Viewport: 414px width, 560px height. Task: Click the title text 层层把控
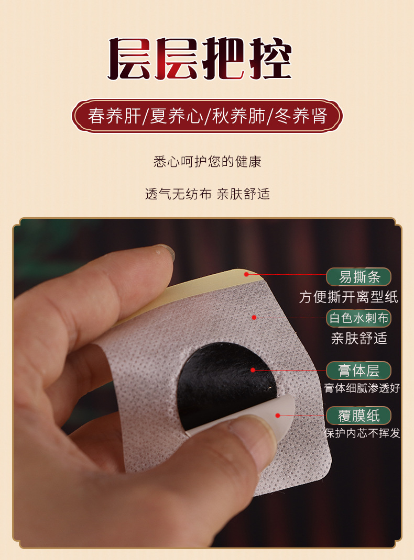pos(200,58)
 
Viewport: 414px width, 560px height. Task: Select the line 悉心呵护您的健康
pos(208,162)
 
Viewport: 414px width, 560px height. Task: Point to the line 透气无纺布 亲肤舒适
pos(208,194)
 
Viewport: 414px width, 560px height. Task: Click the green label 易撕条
pos(358,277)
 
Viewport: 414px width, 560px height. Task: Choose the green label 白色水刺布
pos(358,318)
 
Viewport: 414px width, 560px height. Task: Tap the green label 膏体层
pos(358,371)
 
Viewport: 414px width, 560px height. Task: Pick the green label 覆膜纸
pos(358,416)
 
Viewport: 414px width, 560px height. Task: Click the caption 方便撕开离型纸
pos(348,297)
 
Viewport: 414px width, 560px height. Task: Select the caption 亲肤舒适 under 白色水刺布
pos(359,338)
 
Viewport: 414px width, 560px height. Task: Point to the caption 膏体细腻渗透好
pos(362,388)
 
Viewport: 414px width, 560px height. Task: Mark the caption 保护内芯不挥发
pos(362,433)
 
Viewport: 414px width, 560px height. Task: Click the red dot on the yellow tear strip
pos(246,274)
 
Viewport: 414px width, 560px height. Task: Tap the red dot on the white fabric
pos(254,318)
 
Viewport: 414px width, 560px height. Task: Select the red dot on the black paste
pos(253,371)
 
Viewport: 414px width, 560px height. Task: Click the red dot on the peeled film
pos(277,416)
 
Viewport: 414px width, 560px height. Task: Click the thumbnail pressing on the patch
pos(260,434)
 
